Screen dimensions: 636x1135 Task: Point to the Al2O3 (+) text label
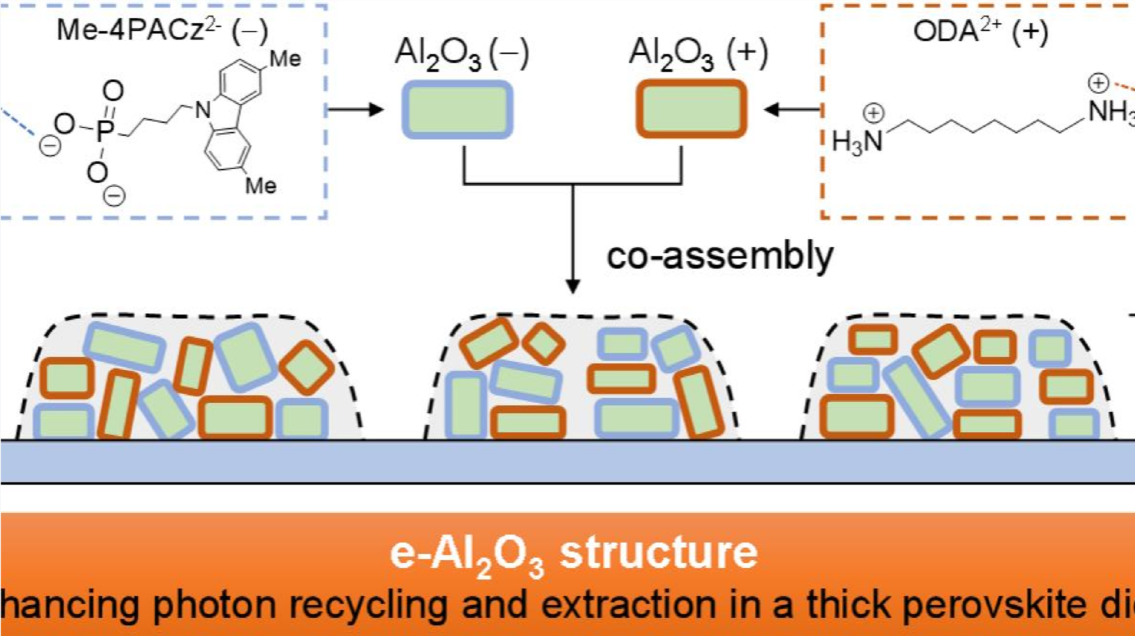[x=698, y=55]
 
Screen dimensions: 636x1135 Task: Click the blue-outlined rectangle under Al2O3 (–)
[x=457, y=109]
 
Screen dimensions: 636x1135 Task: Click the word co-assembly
[x=720, y=256]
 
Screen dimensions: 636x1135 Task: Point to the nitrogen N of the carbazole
[x=203, y=109]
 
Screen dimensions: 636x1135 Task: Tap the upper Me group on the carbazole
[x=285, y=59]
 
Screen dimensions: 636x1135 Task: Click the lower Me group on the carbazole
[x=261, y=185]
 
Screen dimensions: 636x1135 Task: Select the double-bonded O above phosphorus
[x=113, y=92]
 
